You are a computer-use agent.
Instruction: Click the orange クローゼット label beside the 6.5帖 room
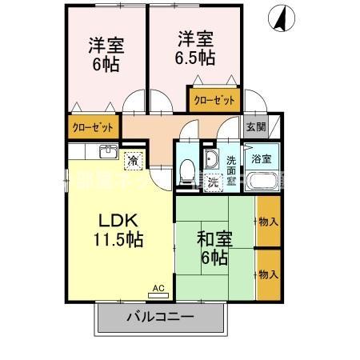(214, 101)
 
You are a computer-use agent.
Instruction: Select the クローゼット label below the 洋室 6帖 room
(93, 126)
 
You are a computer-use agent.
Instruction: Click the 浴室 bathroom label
(262, 158)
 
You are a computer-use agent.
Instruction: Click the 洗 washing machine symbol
(214, 181)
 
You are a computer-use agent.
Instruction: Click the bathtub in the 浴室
(262, 179)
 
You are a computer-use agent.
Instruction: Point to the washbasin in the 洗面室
(210, 158)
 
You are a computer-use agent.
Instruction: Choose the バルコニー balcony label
(158, 318)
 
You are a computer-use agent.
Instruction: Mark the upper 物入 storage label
(268, 221)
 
